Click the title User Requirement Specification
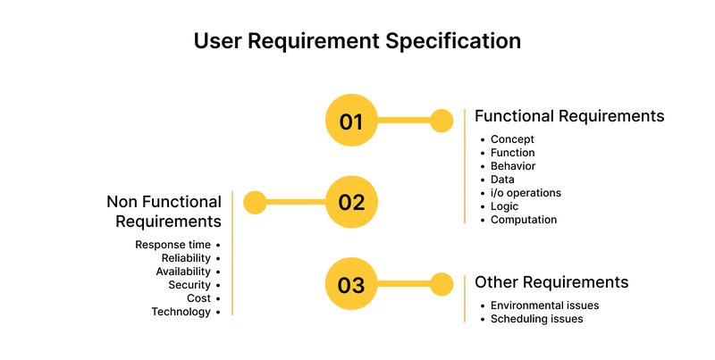(357, 42)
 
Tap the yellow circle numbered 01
(351, 121)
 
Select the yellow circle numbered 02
(351, 202)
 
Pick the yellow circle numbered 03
(351, 285)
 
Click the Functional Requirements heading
(568, 116)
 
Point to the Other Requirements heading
(551, 282)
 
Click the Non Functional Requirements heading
(164, 211)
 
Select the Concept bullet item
(512, 139)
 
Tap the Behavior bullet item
(513, 166)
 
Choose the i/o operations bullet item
(526, 193)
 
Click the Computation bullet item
(524, 220)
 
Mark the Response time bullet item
(173, 245)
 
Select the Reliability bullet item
(186, 258)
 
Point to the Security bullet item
(189, 285)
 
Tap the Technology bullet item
(181, 312)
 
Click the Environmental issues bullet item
(544, 306)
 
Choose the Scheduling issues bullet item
(537, 319)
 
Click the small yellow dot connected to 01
(442, 121)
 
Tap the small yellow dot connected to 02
(256, 202)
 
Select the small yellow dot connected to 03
(442, 285)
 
